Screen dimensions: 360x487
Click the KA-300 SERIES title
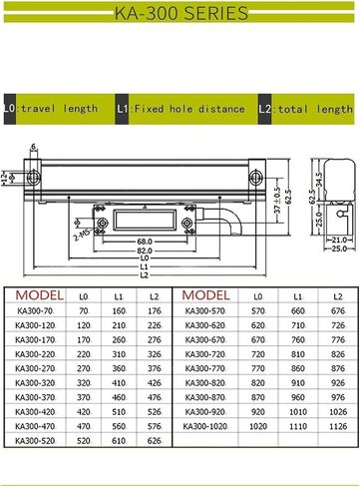click(x=181, y=13)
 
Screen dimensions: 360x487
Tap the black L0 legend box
click(x=10, y=109)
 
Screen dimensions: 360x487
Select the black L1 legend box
click(x=122, y=109)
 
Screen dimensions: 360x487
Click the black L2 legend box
click(x=265, y=109)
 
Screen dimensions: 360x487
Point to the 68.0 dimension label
click(x=145, y=242)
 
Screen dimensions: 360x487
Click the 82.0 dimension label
click(x=145, y=250)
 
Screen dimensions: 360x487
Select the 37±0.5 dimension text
click(x=278, y=200)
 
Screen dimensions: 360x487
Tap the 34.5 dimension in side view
click(x=319, y=180)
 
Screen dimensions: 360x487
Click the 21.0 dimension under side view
click(x=339, y=240)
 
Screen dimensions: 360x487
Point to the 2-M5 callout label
click(x=82, y=235)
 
